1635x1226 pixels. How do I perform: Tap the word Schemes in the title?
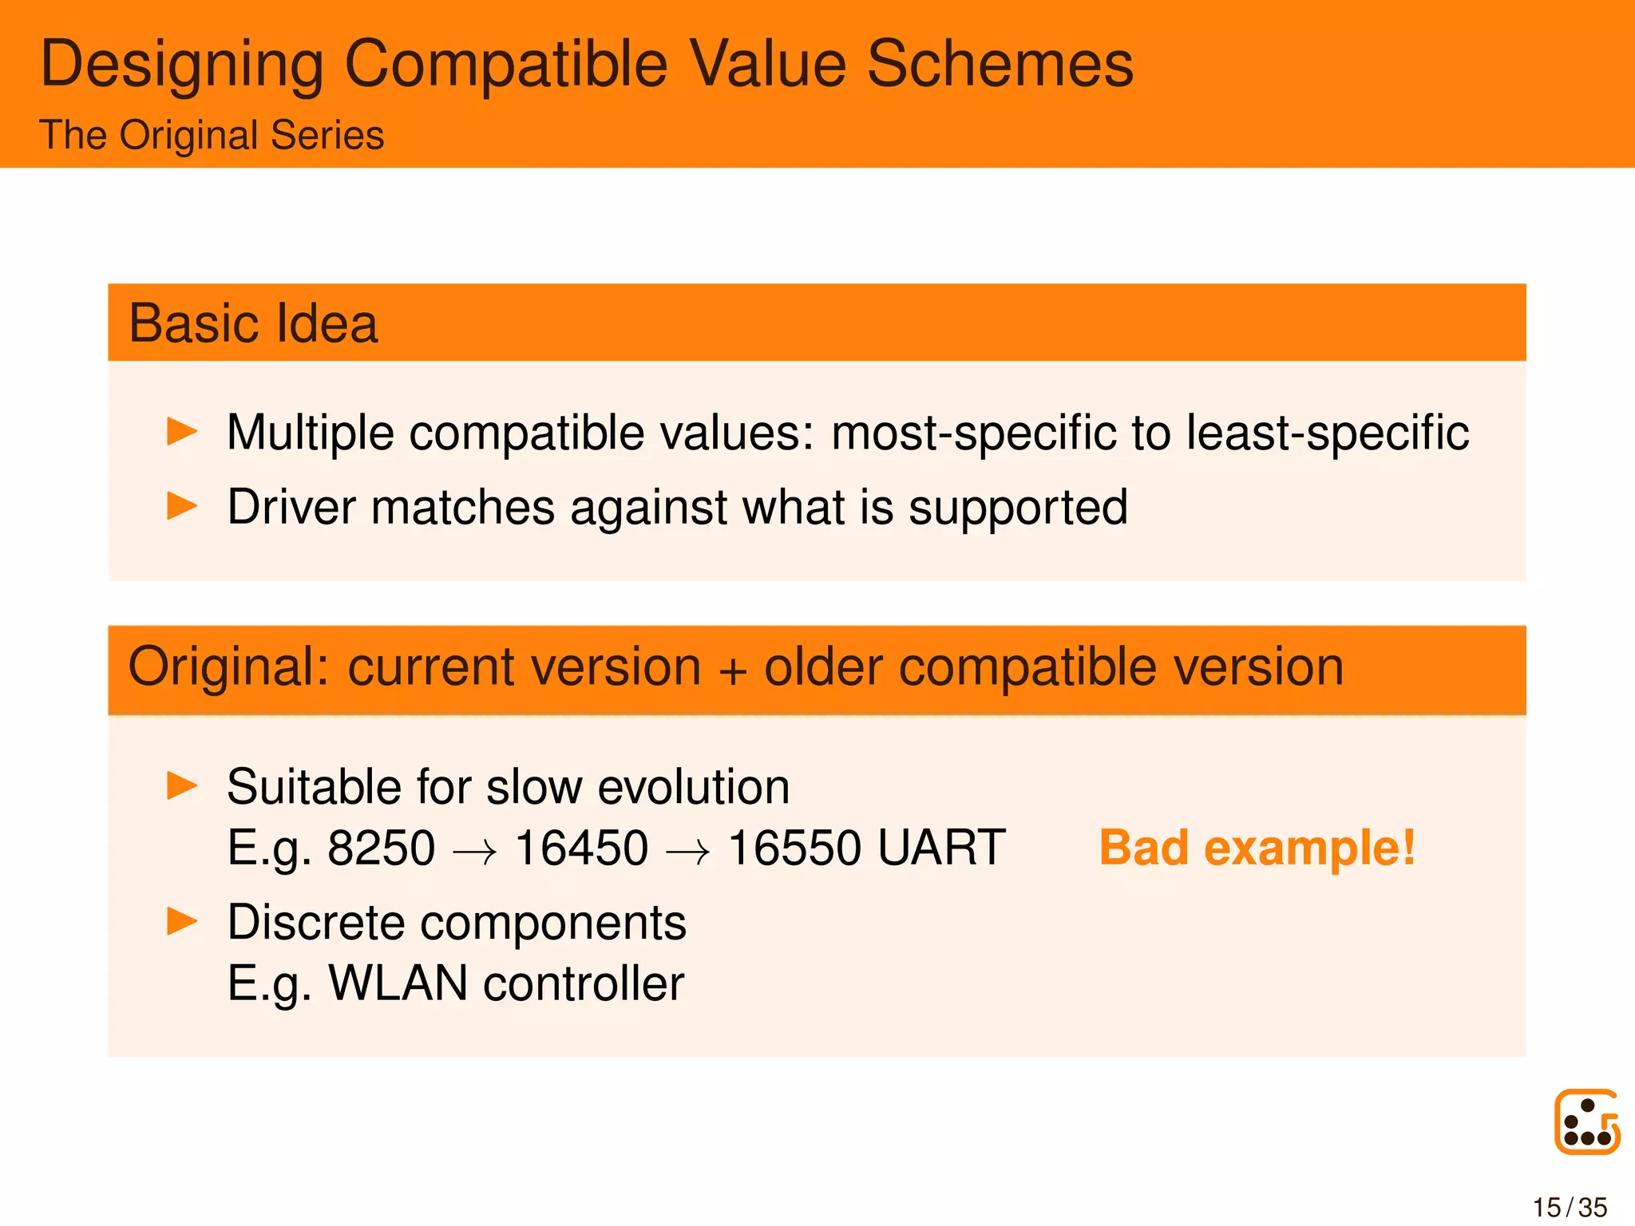click(1000, 64)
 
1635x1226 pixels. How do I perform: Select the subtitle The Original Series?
click(212, 135)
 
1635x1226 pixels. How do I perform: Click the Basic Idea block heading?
click(253, 323)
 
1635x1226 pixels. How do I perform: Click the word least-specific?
click(1327, 433)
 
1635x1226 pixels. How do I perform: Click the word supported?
click(1018, 508)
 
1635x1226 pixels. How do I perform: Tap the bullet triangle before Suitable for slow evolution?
click(182, 785)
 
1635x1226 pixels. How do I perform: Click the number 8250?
click(382, 848)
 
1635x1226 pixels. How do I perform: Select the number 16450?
click(581, 848)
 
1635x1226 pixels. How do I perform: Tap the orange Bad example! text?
click(1257, 848)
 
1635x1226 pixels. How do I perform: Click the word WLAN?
click(398, 983)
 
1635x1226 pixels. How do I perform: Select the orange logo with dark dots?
click(1587, 1121)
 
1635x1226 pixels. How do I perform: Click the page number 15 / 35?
click(1570, 1208)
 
